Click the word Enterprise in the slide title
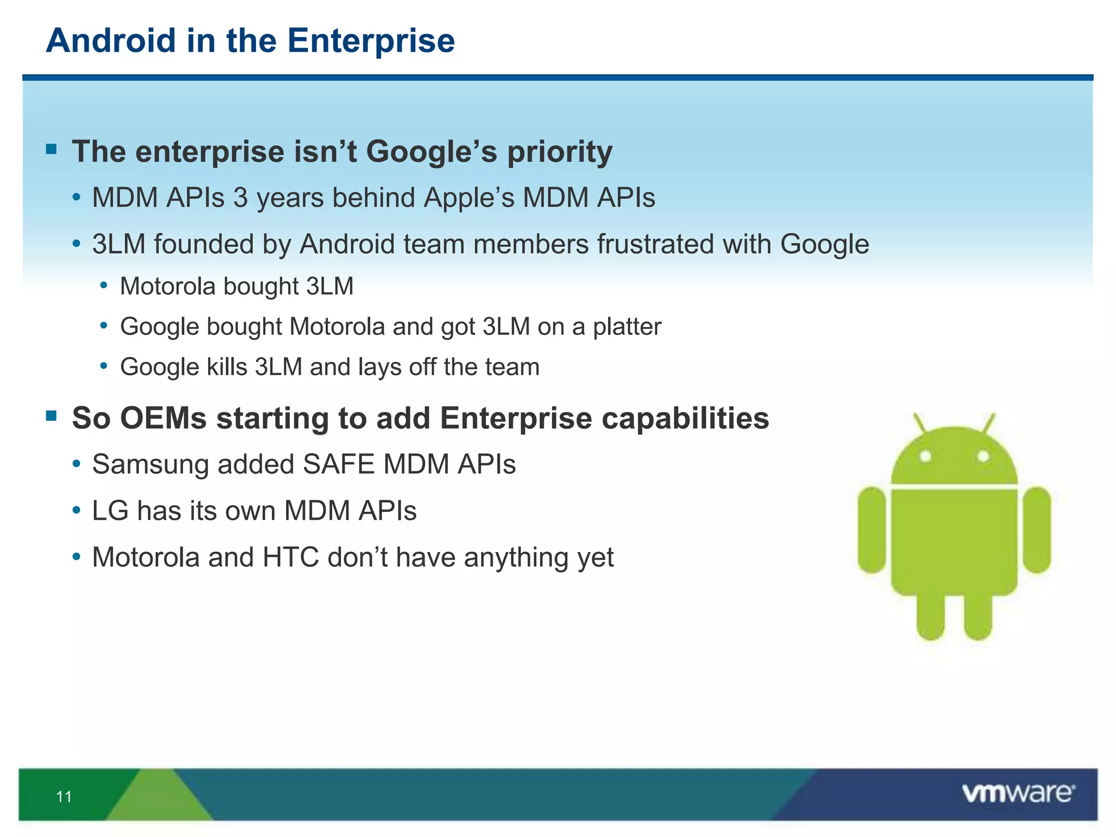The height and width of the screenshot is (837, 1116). (371, 41)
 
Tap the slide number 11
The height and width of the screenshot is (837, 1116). (64, 797)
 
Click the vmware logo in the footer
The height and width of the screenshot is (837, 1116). (1018, 793)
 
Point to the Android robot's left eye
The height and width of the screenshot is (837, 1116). (925, 456)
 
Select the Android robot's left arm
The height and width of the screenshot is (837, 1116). (872, 530)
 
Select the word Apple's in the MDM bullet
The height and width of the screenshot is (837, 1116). (469, 198)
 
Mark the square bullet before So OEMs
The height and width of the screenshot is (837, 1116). (52, 416)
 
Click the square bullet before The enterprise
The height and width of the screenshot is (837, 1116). (52, 149)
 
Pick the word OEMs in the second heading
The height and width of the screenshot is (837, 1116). (163, 418)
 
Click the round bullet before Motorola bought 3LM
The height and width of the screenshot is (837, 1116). (104, 284)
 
